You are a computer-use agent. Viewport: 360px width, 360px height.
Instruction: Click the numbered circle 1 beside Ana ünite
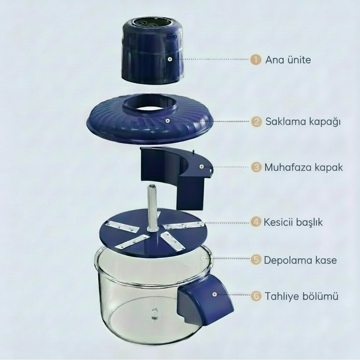pos(256,59)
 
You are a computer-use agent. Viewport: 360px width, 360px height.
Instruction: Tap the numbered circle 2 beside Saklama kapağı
pos(257,122)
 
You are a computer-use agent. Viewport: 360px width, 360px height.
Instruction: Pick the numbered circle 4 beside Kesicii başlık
pos(256,222)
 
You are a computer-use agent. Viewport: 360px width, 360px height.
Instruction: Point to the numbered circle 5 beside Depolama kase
pos(256,260)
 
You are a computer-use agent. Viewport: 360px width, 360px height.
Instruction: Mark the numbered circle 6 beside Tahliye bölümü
pos(256,296)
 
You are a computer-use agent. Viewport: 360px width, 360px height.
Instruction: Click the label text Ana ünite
pos(288,60)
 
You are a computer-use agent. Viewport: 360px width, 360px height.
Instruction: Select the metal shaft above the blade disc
pos(153,207)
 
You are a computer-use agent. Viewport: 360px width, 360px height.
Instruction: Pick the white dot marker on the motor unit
pos(169,59)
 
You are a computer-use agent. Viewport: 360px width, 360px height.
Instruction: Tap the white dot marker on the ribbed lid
pos(168,121)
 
